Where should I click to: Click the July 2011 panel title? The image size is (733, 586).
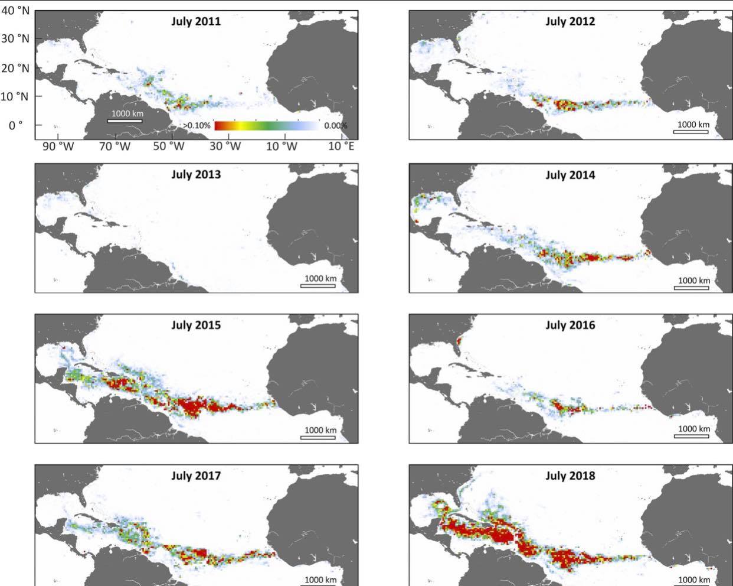(x=196, y=22)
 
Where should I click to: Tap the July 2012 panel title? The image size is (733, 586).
(x=570, y=22)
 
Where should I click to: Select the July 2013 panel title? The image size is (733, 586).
(x=196, y=175)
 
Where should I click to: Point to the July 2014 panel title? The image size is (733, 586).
(x=570, y=175)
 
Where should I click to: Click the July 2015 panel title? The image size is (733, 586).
(x=196, y=325)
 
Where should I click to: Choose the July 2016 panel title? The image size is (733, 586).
(x=570, y=325)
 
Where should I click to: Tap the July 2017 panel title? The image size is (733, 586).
(x=196, y=476)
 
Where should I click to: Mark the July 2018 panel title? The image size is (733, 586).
(x=570, y=476)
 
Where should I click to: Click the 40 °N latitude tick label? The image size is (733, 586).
(x=15, y=11)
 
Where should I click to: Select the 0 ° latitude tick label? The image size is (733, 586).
(x=15, y=125)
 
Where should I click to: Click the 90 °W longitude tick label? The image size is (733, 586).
(x=58, y=146)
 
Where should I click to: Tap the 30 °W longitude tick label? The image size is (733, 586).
(x=225, y=146)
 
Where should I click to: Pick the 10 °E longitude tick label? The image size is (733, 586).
(x=341, y=146)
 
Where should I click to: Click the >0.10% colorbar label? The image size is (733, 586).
(x=197, y=126)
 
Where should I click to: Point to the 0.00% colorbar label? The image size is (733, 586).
(x=335, y=126)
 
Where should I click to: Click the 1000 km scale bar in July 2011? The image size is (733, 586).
(x=125, y=121)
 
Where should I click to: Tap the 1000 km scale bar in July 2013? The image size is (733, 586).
(x=318, y=286)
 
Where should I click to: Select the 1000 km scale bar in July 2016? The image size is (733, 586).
(x=692, y=436)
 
